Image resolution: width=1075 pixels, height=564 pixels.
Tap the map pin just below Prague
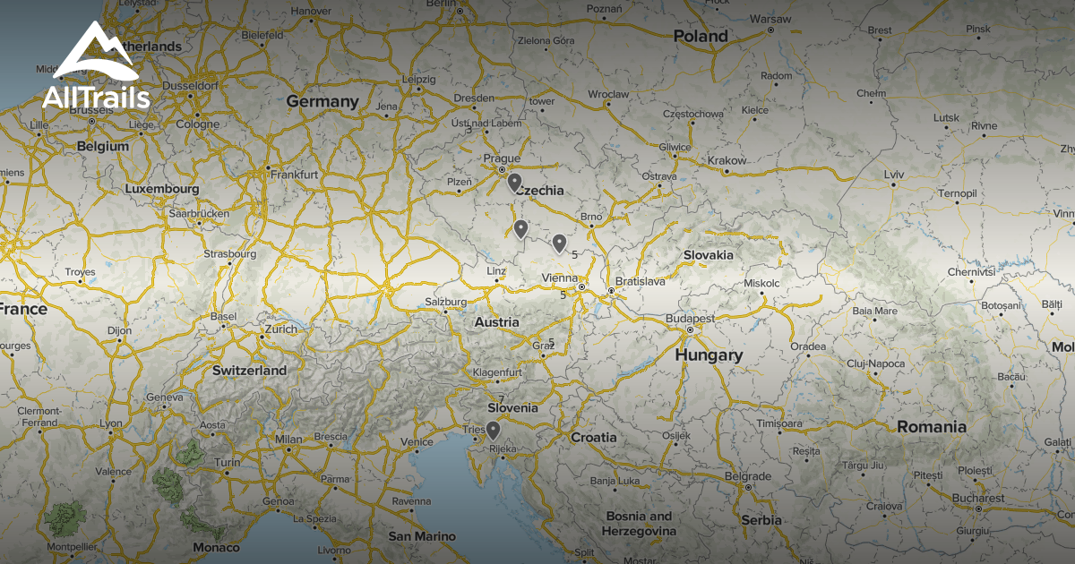[x=514, y=183]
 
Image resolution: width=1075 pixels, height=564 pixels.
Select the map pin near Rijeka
[x=493, y=430]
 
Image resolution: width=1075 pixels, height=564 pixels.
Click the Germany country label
[x=322, y=102]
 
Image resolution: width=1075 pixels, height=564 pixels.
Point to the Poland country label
[x=701, y=37]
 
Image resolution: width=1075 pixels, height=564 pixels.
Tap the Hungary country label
[x=709, y=355]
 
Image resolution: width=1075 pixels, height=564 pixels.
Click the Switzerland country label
[x=249, y=371]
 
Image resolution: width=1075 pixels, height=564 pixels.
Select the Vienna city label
[x=560, y=278]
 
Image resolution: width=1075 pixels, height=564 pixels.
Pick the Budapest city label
[x=690, y=319]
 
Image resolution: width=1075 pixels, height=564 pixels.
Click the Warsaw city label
[x=770, y=19]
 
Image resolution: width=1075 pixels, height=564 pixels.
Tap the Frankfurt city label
[x=294, y=175]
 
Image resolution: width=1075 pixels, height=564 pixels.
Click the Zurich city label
[x=280, y=329]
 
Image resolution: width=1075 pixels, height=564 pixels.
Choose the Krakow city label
[x=727, y=161]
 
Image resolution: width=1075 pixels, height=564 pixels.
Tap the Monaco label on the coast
[x=217, y=547]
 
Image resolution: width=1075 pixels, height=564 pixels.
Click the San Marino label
[x=421, y=537]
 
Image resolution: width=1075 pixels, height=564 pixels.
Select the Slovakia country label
[x=709, y=255]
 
